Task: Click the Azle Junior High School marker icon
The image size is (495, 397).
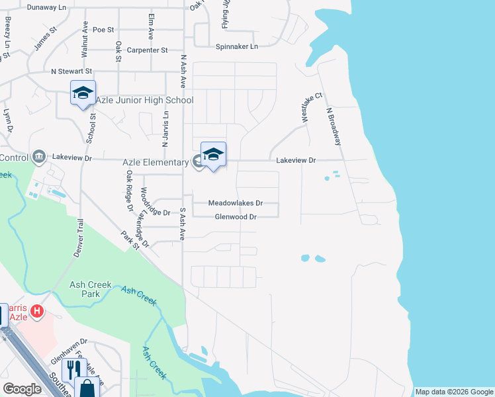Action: (x=83, y=93)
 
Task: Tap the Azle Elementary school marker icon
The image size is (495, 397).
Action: (x=213, y=155)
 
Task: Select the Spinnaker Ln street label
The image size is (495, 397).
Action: (x=236, y=46)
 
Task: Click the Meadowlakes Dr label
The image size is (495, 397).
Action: (x=236, y=203)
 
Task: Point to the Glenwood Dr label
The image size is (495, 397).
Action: (x=235, y=216)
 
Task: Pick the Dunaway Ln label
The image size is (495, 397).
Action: (x=42, y=7)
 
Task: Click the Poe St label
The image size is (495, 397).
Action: (x=103, y=30)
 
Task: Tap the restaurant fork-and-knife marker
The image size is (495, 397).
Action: (x=73, y=369)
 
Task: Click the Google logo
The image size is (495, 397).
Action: (x=22, y=390)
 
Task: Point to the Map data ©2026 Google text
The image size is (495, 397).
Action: (x=453, y=392)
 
